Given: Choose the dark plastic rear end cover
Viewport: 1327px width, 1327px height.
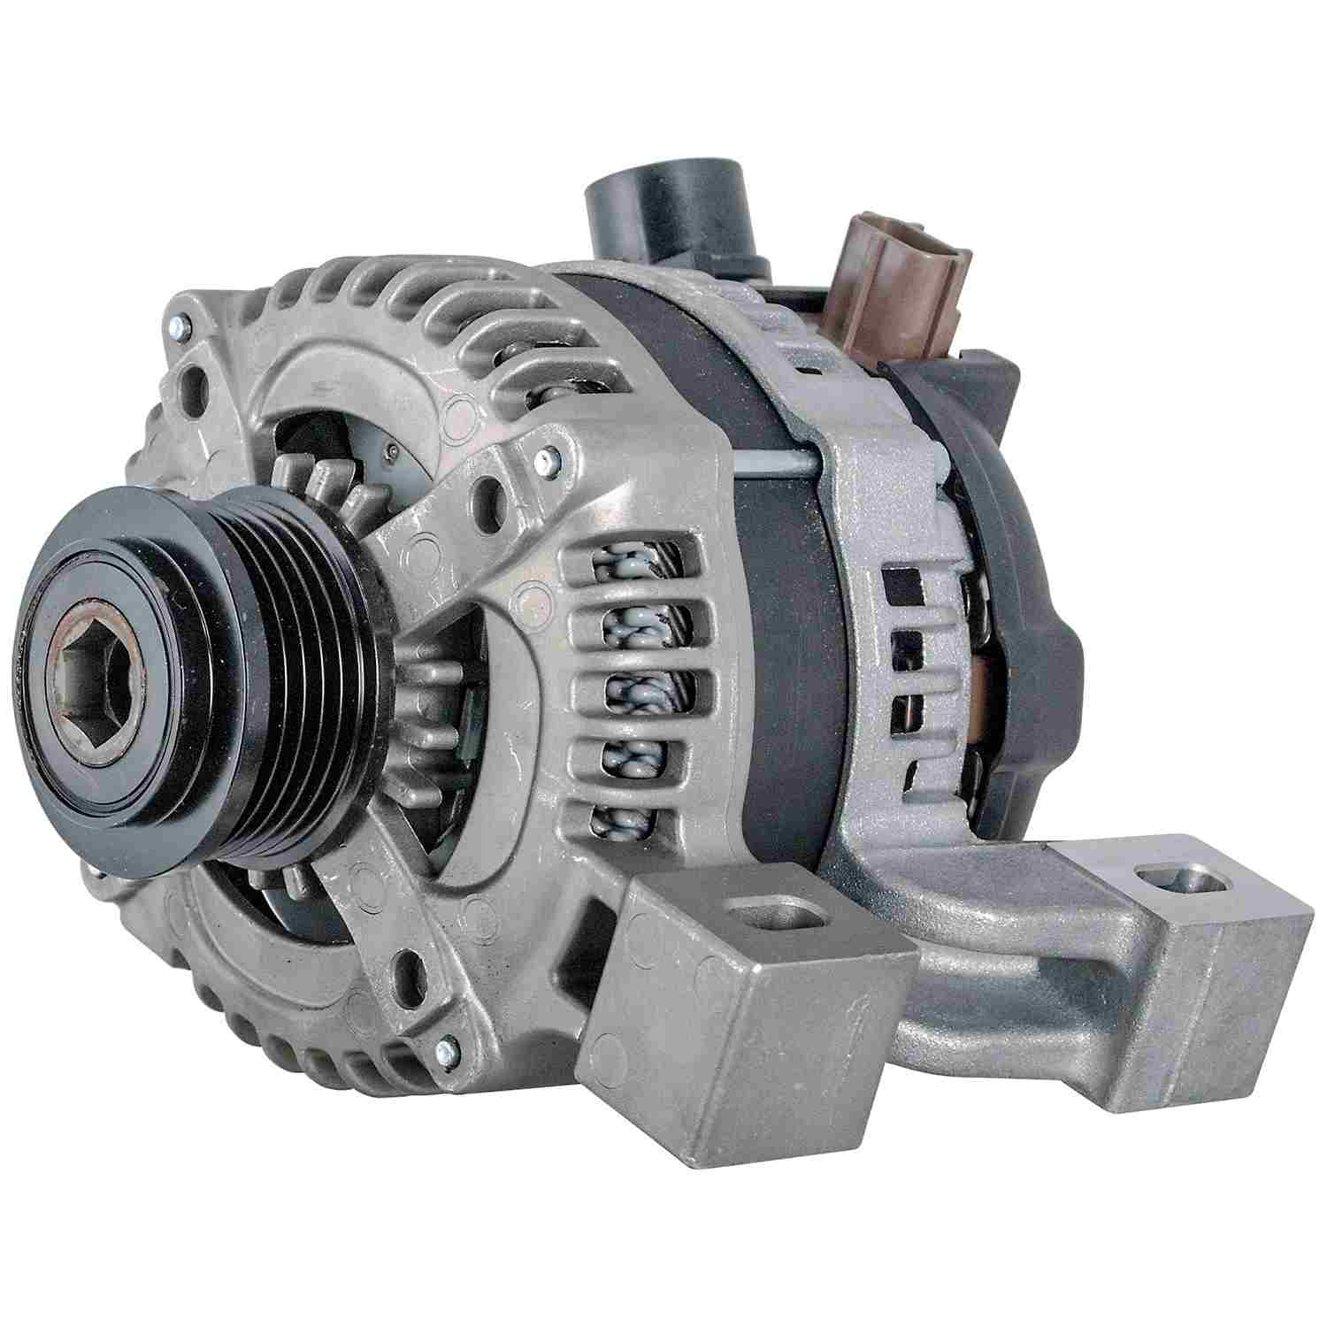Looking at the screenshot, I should pos(1017,566).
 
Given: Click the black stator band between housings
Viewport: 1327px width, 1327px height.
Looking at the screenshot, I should pos(779,619).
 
